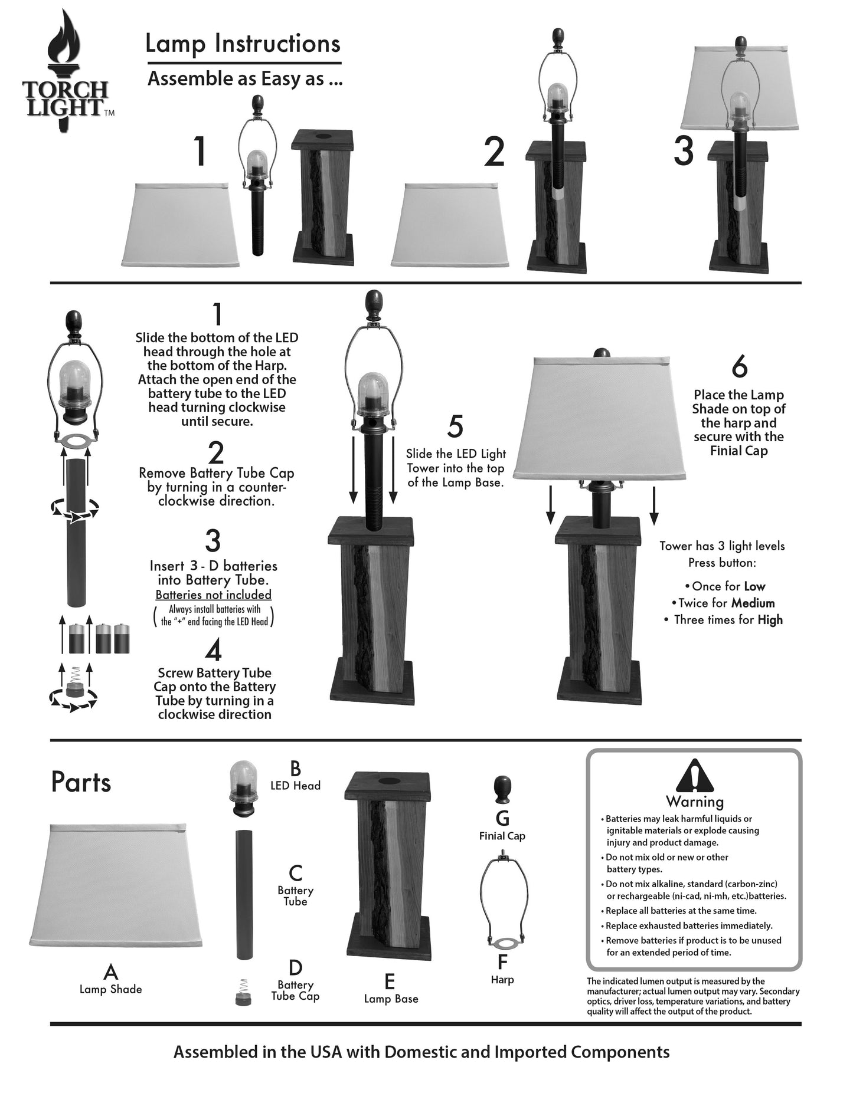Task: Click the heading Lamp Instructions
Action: [x=243, y=44]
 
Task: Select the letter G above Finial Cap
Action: [x=502, y=818]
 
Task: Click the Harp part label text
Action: [x=502, y=979]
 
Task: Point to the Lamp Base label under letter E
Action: [x=391, y=999]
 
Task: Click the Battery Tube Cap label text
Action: [x=295, y=990]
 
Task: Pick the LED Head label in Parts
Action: [x=295, y=786]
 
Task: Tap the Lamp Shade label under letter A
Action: [x=111, y=989]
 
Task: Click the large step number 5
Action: [x=455, y=427]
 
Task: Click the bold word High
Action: [x=770, y=620]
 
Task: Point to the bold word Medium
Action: [x=753, y=603]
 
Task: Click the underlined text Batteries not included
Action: [x=213, y=595]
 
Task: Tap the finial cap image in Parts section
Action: [x=502, y=790]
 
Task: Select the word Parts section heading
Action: [x=81, y=782]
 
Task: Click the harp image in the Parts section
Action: [x=502, y=899]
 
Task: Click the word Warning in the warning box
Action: [x=695, y=802]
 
